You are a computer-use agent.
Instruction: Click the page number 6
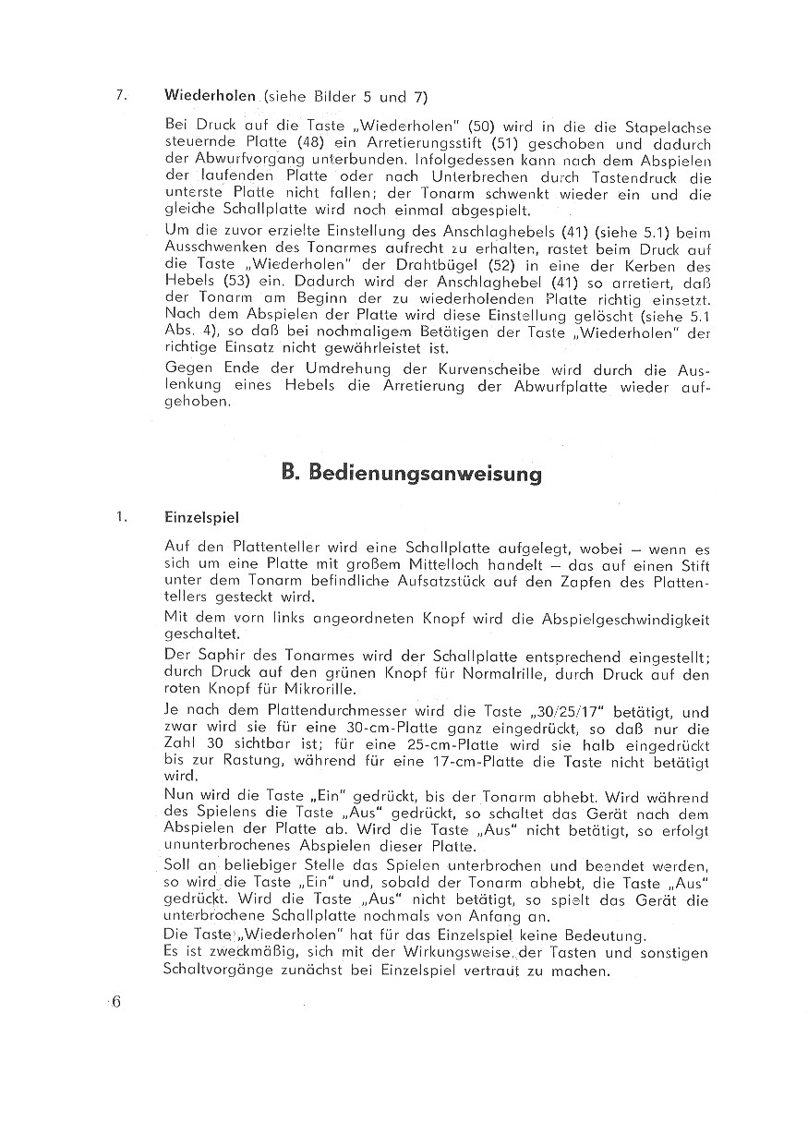click(116, 1003)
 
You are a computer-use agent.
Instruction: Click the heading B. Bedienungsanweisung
click(411, 474)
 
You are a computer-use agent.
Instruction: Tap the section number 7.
click(119, 95)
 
